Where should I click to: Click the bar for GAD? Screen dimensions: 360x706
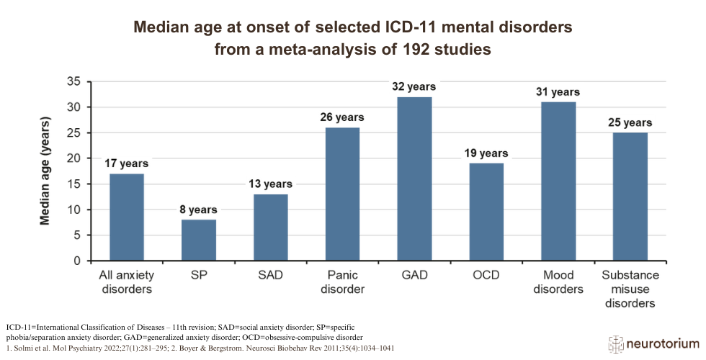pos(414,179)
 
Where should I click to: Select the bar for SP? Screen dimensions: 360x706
pos(199,240)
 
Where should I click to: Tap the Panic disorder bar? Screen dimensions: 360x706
pos(342,194)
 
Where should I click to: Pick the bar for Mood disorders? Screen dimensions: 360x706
pos(558,181)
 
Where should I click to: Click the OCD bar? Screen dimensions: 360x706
pos(486,212)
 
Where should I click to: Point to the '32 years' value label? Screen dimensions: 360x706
pos(414,86)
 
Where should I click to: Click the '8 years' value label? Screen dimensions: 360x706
pos(199,210)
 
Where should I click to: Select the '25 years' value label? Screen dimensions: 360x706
pos(630,122)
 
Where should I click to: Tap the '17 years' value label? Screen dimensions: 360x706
pos(128,163)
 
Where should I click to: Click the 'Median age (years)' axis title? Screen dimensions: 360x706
pos(45,171)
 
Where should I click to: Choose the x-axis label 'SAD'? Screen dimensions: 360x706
pos(271,276)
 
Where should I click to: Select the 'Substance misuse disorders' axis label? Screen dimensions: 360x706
pos(630,289)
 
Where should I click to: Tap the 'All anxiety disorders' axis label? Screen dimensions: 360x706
pos(128,282)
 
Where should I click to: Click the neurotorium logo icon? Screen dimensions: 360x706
pos(617,344)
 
